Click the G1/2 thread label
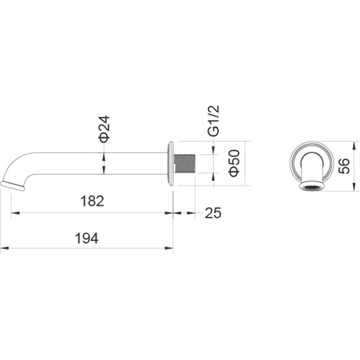(x=213, y=121)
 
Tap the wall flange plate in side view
(x=170, y=163)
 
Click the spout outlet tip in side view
(x=14, y=184)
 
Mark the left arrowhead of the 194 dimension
(x=3, y=248)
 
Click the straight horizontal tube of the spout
(x=101, y=163)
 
